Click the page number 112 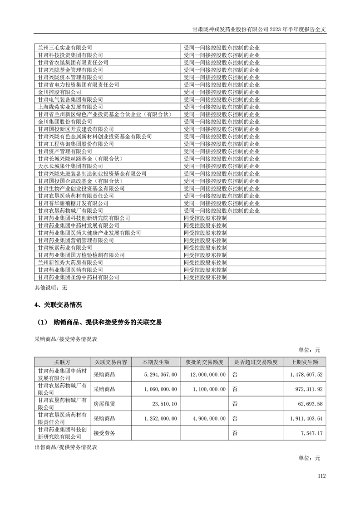pyautogui.click(x=322, y=476)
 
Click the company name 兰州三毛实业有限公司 pyautogui.click(x=65, y=47)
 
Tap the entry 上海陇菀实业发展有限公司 pyautogui.click(x=70, y=107)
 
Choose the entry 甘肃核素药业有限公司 pyautogui.click(x=65, y=247)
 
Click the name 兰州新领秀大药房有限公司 pyautogui.click(x=70, y=262)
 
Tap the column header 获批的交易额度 pyautogui.click(x=204, y=362)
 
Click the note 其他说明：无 pyautogui.click(x=51, y=287)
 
